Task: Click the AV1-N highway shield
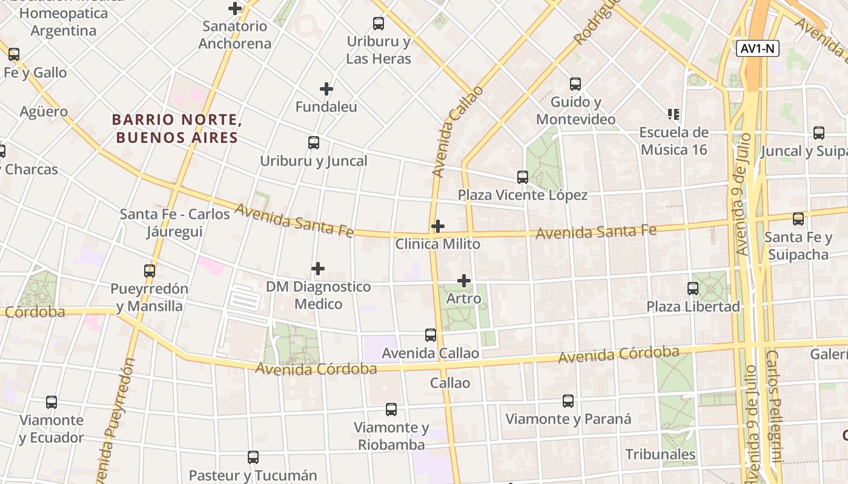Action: coord(757,49)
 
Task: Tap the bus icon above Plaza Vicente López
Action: coord(523,177)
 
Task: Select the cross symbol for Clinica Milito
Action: coord(437,226)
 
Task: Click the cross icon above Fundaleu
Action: coord(326,89)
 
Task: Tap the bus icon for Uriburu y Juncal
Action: coord(314,143)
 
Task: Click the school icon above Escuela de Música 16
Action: coord(673,114)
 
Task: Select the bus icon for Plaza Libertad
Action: coord(693,289)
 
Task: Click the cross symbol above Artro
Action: coord(464,281)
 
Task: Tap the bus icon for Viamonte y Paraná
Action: coord(568,401)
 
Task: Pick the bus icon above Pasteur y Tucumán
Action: coord(253,457)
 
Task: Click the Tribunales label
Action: coord(660,454)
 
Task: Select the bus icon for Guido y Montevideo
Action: coord(575,84)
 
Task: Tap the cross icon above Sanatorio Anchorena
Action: coord(235,8)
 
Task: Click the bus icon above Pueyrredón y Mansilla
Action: coord(150,271)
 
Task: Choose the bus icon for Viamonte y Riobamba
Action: coord(391,410)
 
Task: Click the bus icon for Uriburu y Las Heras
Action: coord(379,24)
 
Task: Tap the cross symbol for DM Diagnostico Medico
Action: coord(318,269)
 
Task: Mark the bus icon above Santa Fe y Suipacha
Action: coord(798,219)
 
